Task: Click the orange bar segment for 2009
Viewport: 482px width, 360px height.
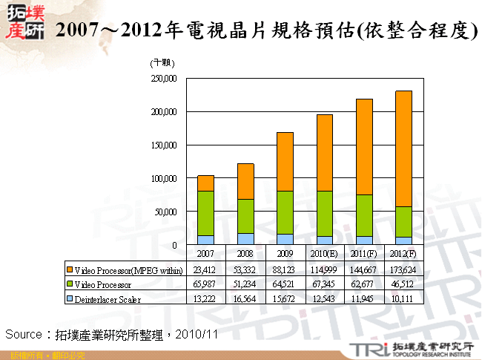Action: pyautogui.click(x=285, y=161)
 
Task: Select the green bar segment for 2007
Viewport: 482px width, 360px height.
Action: pyautogui.click(x=205, y=213)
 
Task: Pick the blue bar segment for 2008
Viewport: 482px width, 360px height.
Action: pyautogui.click(x=245, y=238)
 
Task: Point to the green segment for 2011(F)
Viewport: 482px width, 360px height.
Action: pyautogui.click(x=364, y=215)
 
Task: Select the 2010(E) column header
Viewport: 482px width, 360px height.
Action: pyautogui.click(x=324, y=254)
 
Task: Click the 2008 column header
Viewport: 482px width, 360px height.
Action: pyautogui.click(x=245, y=254)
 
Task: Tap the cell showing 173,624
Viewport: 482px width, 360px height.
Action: pyautogui.click(x=403, y=269)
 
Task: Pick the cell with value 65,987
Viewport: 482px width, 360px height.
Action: pyautogui.click(x=205, y=284)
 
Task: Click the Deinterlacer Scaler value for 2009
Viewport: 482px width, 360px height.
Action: pyautogui.click(x=285, y=299)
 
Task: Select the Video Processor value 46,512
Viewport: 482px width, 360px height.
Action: pyautogui.click(x=403, y=284)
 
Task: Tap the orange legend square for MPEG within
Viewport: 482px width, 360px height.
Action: pyautogui.click(x=69, y=269)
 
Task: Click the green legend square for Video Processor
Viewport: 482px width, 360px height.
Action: pyautogui.click(x=69, y=284)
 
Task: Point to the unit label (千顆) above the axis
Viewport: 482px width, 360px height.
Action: pyautogui.click(x=161, y=62)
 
